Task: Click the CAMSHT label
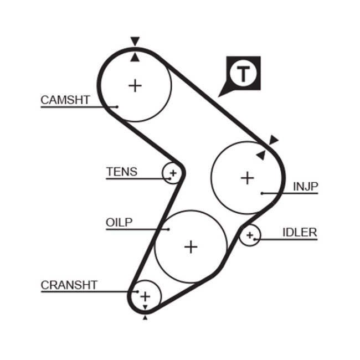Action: coord(65,100)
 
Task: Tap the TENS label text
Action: coord(121,172)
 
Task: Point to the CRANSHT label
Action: coord(69,285)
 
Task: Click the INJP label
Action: coord(306,187)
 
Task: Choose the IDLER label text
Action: coord(300,233)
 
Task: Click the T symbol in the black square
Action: coord(243,73)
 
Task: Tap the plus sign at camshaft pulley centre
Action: coord(135,85)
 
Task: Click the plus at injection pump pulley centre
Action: coord(247,178)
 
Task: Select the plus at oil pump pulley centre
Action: coord(191,246)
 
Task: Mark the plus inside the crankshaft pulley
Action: coord(145,296)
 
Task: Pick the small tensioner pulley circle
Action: coord(172,173)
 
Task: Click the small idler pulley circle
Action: coord(250,236)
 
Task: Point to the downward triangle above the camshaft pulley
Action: coord(135,41)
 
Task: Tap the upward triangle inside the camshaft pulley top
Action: coord(135,56)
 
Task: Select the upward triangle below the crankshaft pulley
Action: coord(145,317)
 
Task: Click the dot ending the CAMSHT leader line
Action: coord(117,106)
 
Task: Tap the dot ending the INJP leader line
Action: coord(261,193)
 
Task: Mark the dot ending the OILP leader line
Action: coord(168,228)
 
